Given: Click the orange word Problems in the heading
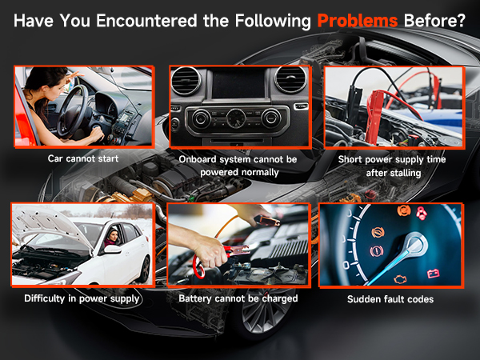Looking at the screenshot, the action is (x=358, y=21).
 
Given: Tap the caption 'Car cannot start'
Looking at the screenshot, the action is (x=83, y=158).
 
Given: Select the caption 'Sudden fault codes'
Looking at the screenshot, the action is (x=390, y=299).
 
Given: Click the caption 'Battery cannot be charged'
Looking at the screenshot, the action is (x=238, y=298).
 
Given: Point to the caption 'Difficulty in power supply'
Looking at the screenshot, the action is (x=82, y=298).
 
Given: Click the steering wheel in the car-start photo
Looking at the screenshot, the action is (x=73, y=110).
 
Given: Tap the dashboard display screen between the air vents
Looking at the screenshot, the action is (x=238, y=84).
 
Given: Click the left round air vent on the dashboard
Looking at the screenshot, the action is (x=186, y=81).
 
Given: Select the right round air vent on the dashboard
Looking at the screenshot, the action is (x=290, y=80).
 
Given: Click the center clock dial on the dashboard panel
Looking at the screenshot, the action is (x=236, y=118).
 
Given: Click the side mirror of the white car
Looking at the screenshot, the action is (x=112, y=249).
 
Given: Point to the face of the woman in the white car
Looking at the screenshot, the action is (x=114, y=236).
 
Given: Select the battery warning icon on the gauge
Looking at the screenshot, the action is (x=433, y=273).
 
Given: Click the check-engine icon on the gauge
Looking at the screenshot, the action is (x=399, y=279).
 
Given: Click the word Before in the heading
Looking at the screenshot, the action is (x=434, y=21).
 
